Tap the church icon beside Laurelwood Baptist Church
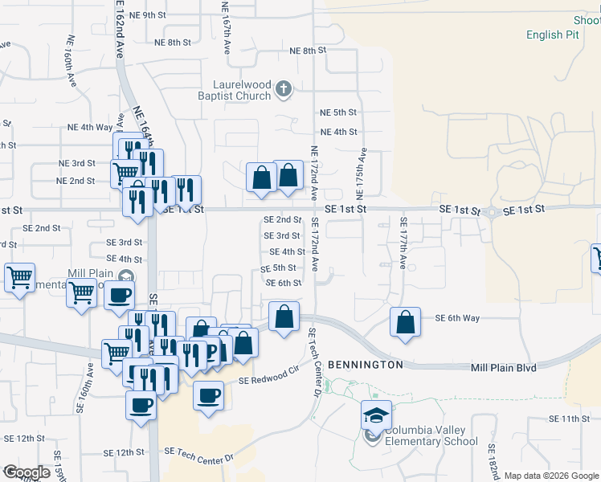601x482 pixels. pos(283,88)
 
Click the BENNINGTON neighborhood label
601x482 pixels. pos(365,365)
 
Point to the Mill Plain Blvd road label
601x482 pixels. pos(502,368)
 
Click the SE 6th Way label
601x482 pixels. pos(457,318)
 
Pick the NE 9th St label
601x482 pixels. pos(147,15)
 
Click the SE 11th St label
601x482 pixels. pos(570,419)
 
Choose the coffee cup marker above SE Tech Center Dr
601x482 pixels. pos(209,396)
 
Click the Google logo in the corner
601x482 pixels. pos(27,472)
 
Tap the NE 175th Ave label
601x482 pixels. pos(364,174)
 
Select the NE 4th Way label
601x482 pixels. pos(90,127)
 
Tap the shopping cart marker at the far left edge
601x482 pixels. pos(19,278)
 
